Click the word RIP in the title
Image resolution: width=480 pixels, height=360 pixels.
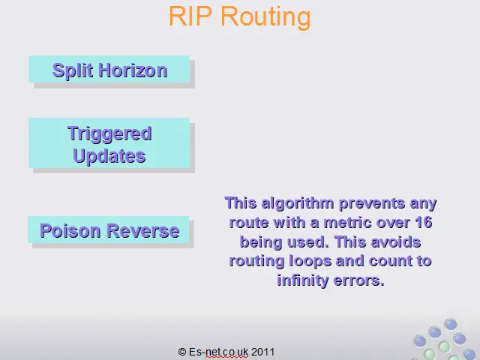[190, 16]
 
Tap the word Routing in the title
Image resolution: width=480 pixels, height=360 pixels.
[265, 18]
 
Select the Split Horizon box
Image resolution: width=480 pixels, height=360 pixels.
[109, 69]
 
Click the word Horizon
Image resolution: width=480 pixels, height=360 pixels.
[133, 70]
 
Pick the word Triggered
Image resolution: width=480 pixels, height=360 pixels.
[109, 133]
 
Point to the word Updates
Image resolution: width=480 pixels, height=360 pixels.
[109, 156]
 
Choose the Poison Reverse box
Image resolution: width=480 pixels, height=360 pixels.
[109, 229]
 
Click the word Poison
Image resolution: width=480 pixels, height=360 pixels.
[70, 230]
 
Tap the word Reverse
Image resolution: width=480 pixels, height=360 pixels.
[143, 230]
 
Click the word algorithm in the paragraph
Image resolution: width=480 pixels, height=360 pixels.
[298, 203]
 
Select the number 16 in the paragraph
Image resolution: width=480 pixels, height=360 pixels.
[424, 222]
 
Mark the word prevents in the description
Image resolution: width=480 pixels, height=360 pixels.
[372, 204]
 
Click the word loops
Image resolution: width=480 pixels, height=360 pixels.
[310, 261]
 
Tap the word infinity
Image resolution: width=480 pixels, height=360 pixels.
[302, 280]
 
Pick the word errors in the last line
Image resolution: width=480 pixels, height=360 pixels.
[358, 281]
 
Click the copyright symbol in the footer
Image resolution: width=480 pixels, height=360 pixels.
[182, 352]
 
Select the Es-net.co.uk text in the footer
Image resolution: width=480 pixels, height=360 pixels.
[218, 352]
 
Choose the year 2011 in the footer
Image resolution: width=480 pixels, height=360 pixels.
[262, 352]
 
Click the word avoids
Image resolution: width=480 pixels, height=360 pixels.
[395, 241]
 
